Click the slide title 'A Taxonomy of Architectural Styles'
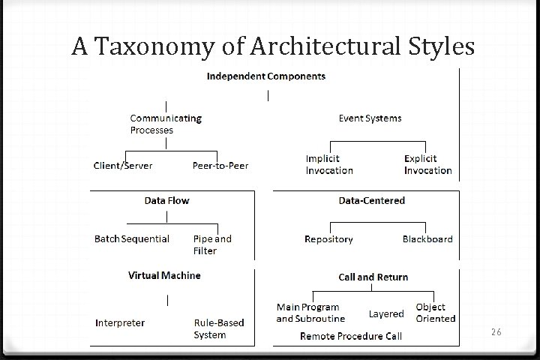coord(273,46)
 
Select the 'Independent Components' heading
coord(266,76)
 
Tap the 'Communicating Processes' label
coord(165,124)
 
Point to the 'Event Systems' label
coord(370,118)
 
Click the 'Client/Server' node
coord(122,165)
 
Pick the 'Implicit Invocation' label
coord(328,164)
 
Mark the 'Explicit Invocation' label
coord(427,164)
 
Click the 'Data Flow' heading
coord(166,200)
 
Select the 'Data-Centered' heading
coord(371,200)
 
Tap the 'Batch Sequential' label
coord(131,238)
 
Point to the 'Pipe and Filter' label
coord(212,244)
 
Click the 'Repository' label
coord(328,239)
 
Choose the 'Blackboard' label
coord(427,239)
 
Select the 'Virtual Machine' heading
coord(163,275)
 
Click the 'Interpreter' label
coord(120,322)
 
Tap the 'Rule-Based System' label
coord(218,328)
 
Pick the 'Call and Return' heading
coord(373,277)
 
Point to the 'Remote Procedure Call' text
coord(350,336)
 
